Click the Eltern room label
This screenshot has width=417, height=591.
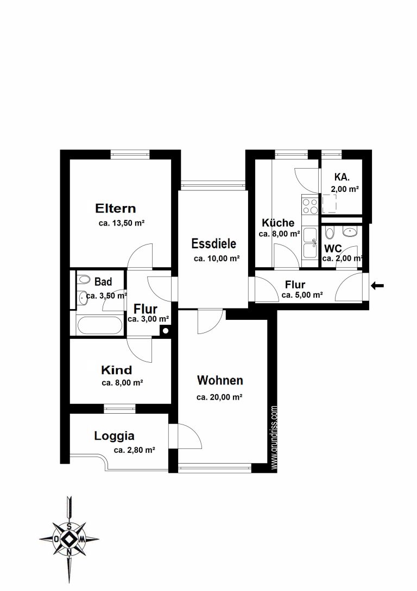(116, 208)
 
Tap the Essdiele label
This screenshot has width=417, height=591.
(213, 243)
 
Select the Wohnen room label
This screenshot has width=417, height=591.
(220, 380)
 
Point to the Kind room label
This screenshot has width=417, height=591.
(117, 370)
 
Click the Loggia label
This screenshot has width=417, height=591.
(115, 436)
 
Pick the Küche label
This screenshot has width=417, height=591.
(278, 222)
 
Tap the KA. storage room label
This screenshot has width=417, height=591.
(342, 177)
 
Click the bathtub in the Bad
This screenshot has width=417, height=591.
(99, 325)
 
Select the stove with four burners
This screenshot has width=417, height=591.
(310, 206)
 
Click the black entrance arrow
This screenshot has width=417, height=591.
(377, 286)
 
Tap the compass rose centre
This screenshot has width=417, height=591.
(69, 539)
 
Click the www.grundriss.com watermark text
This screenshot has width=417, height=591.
(274, 438)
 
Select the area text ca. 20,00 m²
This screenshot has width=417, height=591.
(219, 397)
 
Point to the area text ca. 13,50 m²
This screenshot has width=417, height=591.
(122, 223)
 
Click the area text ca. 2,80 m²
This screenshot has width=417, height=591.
(135, 450)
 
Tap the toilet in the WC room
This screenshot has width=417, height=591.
(329, 233)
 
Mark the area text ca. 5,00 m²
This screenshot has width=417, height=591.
(302, 295)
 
